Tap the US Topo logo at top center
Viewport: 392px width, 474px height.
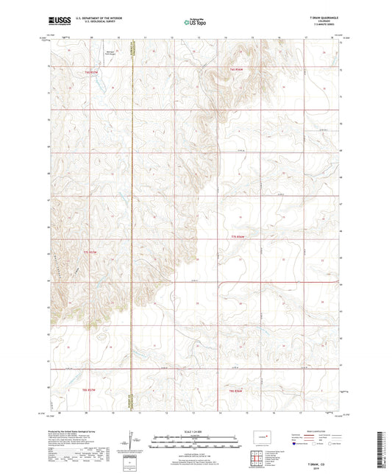195,22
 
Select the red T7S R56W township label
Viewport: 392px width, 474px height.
235,236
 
